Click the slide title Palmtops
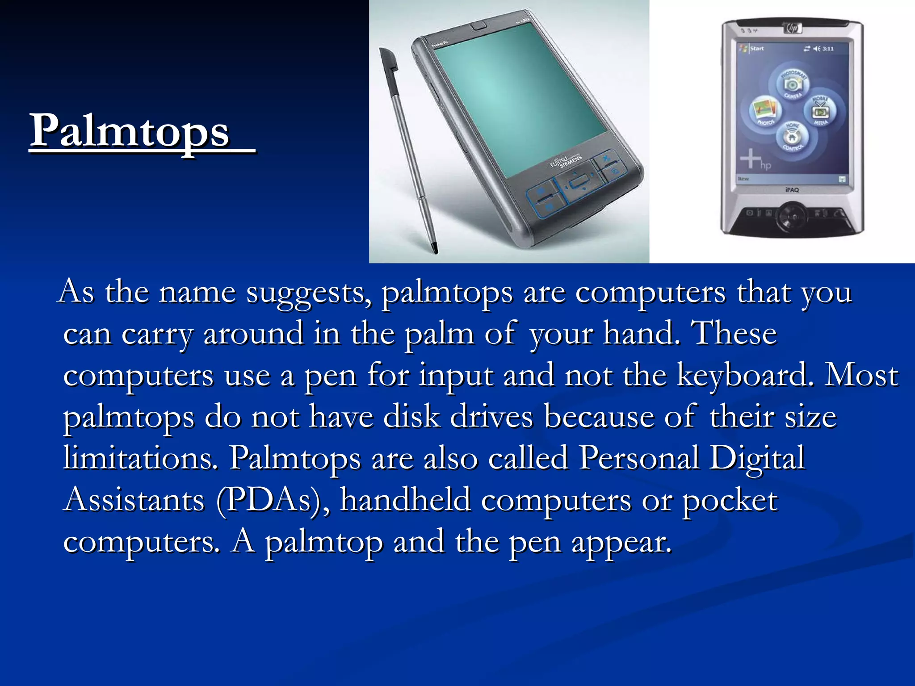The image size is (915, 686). tap(130, 130)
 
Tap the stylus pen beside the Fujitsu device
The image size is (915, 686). tap(407, 147)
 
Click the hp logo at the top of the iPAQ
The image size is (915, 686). tap(793, 28)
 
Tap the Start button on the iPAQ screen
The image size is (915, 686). tap(756, 48)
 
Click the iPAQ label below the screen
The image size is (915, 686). tap(792, 190)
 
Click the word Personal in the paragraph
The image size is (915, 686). tap(639, 458)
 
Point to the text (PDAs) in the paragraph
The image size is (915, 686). tap(273, 500)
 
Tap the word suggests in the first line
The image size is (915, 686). tap(308, 293)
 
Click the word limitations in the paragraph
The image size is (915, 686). tap(141, 458)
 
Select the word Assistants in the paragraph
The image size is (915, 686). tap(134, 500)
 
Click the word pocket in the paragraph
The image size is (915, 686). tap(730, 500)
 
